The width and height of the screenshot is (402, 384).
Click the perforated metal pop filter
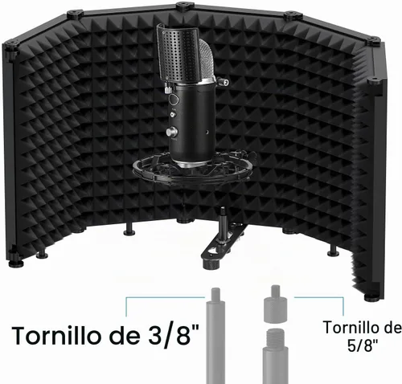[x=178, y=53]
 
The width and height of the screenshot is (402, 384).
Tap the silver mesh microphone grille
[x=207, y=61]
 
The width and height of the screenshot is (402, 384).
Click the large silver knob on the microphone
[x=171, y=132]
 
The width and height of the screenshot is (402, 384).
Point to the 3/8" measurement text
[x=174, y=335]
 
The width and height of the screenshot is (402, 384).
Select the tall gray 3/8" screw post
[x=215, y=336]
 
